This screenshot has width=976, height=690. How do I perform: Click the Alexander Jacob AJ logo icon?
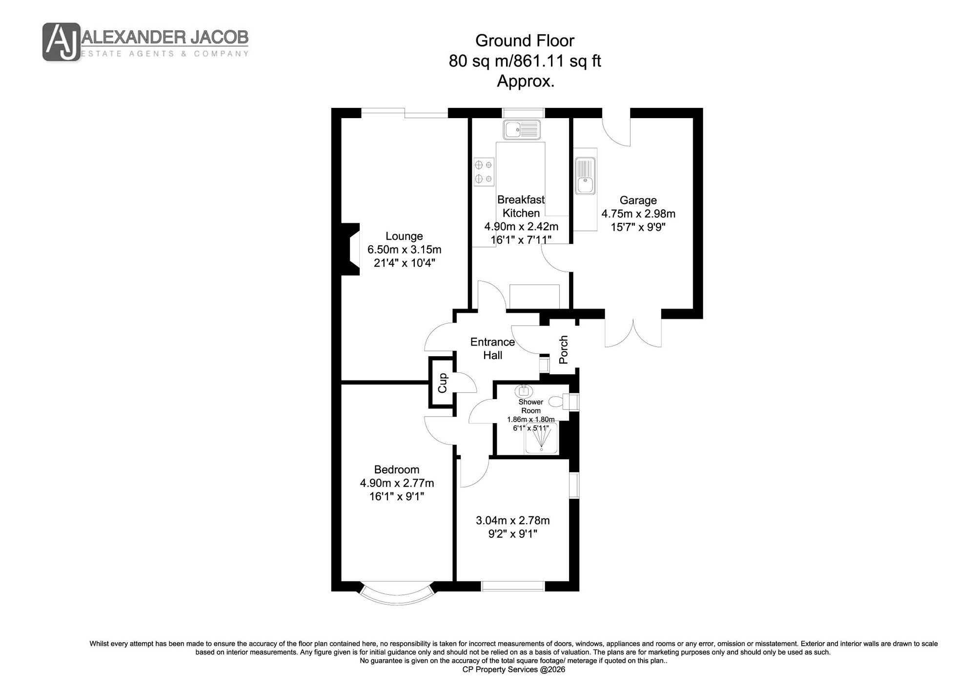pos(61,42)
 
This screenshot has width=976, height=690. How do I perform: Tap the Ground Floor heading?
pos(525,41)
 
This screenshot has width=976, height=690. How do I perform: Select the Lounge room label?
pos(404,236)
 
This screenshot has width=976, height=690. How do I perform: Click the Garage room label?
pos(638,200)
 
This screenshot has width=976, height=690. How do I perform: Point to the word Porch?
pos(564,349)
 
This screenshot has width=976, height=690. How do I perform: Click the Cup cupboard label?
pos(443,383)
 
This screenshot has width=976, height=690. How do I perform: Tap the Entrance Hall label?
pos(492,348)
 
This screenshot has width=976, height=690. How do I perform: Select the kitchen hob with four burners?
pos(484,172)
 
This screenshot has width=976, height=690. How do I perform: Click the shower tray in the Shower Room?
pos(541,438)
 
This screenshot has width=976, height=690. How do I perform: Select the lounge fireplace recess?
pos(350,249)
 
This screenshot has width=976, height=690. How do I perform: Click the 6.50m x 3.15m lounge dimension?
pos(404,250)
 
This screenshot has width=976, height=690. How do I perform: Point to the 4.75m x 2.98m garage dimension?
pos(638,214)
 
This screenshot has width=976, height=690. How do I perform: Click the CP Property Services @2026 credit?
pos(513,670)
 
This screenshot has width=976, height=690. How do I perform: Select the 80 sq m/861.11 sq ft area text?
pos(525,61)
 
